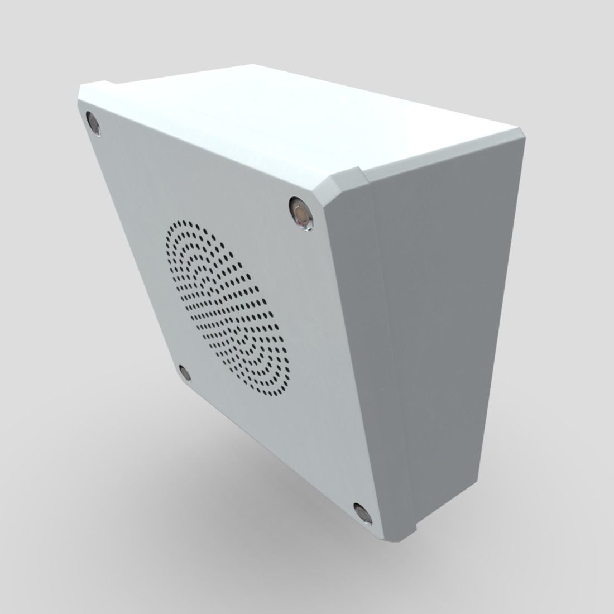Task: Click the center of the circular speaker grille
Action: [x=228, y=309]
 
